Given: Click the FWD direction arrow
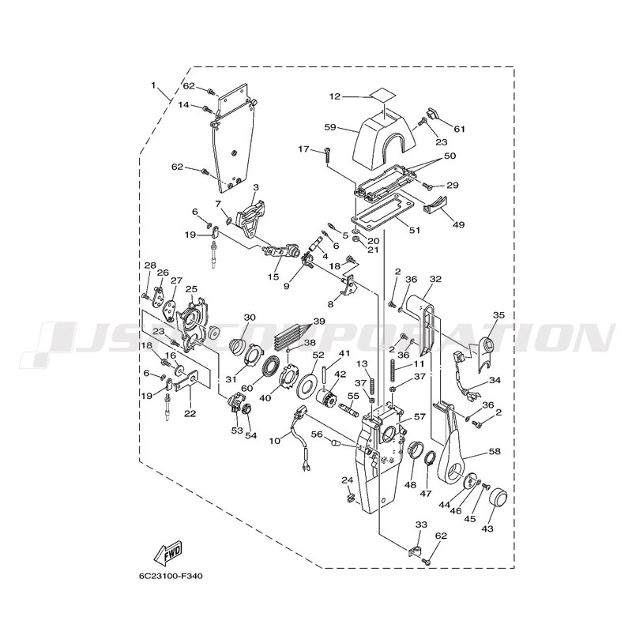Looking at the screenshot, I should click(170, 552).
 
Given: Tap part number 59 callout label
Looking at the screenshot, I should click(330, 126).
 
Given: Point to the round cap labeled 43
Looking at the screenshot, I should click(500, 499).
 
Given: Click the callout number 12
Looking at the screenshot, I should click(335, 96).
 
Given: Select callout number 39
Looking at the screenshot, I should click(318, 322).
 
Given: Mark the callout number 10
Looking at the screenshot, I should click(274, 440).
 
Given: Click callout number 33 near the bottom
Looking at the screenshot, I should click(421, 525).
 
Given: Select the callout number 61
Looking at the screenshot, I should click(460, 129).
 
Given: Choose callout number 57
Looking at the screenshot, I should click(419, 416).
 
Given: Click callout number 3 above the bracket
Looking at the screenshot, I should click(256, 186).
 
